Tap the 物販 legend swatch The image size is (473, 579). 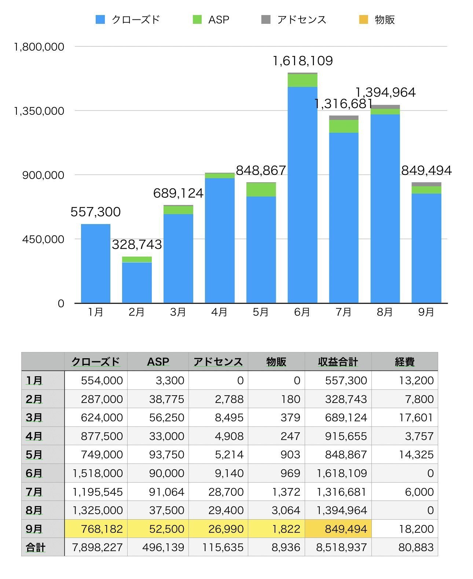click(363, 20)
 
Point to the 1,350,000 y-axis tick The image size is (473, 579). click(38, 111)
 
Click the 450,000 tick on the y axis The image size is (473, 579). click(43, 239)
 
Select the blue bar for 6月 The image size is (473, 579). click(302, 194)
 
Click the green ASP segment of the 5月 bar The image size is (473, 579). click(261, 190)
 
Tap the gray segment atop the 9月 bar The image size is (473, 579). click(426, 184)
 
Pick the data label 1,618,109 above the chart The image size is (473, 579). click(302, 61)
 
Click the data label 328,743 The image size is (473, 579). click(137, 245)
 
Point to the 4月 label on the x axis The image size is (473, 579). click(219, 312)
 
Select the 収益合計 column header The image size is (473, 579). click(338, 362)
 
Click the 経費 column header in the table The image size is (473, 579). click(404, 362)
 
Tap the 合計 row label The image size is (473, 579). click(36, 547)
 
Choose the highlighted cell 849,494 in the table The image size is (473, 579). click(338, 529)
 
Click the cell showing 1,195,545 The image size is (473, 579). click(97, 492)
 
